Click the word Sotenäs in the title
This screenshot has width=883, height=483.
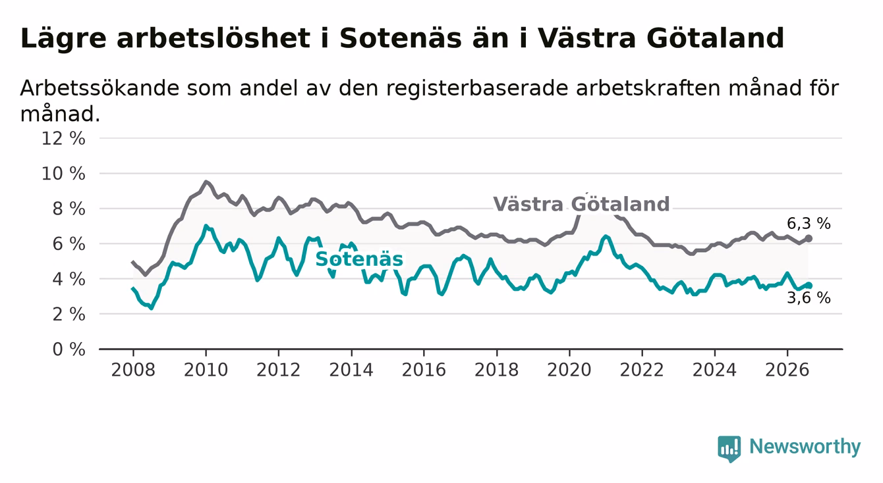[400, 38]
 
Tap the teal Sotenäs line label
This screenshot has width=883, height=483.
[359, 259]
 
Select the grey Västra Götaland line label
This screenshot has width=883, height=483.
[581, 204]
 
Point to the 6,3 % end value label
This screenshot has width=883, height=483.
[809, 224]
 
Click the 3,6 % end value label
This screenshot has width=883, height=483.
[809, 298]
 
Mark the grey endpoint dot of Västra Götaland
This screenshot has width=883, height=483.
[809, 238]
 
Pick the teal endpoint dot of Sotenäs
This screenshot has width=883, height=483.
[809, 286]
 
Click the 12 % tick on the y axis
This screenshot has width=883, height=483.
[63, 139]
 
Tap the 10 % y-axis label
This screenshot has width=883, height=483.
[63, 174]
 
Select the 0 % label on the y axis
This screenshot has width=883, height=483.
[69, 349]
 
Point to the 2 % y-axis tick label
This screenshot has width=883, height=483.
[69, 314]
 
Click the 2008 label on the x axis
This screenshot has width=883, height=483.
[133, 370]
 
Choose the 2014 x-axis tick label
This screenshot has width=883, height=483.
[351, 370]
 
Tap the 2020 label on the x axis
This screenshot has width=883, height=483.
[569, 370]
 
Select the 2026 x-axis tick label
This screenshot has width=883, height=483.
[787, 370]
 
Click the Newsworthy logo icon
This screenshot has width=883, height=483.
[729, 449]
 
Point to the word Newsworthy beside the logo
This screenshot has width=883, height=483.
[805, 447]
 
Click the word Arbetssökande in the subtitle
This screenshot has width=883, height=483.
[100, 88]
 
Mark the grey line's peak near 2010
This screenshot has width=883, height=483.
[206, 182]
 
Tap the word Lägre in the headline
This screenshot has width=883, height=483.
[63, 39]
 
